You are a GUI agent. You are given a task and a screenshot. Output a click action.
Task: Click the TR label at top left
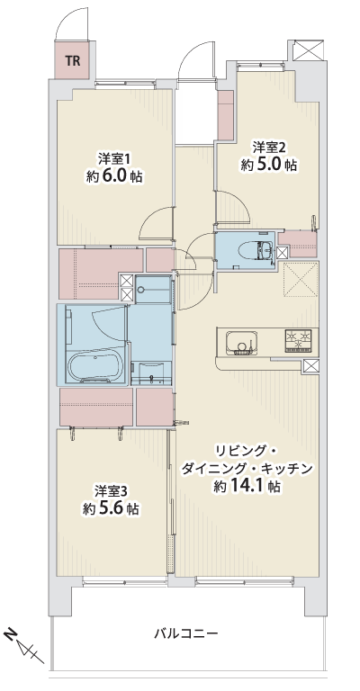click(x=73, y=61)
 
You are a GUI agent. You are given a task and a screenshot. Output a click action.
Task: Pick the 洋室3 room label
click(x=112, y=491)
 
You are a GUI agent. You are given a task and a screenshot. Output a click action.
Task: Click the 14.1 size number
click(x=250, y=486)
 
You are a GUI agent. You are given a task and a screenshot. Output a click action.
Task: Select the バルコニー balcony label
click(x=185, y=633)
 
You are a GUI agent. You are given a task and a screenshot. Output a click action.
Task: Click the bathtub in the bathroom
click(x=95, y=365)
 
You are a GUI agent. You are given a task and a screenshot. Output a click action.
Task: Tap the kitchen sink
click(x=241, y=343)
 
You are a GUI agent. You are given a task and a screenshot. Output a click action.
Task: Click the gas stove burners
click(x=299, y=340)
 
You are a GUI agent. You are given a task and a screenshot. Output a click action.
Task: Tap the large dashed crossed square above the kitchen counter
click(x=301, y=279)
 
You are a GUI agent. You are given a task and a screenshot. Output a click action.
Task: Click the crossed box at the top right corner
click(x=307, y=49)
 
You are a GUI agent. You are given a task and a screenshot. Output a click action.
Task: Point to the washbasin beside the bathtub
click(x=151, y=373)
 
